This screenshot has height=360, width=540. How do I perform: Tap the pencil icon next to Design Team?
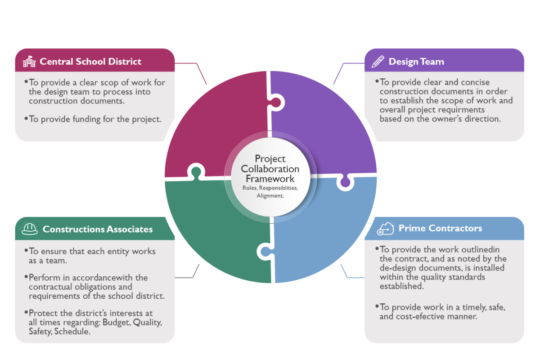[x=378, y=62]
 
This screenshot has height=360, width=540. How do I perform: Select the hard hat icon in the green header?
[x=29, y=229]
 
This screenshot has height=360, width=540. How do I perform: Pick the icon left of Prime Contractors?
[x=385, y=228]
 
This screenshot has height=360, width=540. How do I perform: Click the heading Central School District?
[x=90, y=62]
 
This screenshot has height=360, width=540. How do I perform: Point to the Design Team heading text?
[x=416, y=62]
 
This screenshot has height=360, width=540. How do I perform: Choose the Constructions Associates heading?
[x=98, y=229]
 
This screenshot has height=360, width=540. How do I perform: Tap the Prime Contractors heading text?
[x=440, y=228]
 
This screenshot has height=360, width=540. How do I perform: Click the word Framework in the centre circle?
[x=270, y=179]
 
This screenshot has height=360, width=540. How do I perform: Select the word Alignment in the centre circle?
[x=270, y=196]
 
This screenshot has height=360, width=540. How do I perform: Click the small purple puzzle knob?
[x=345, y=182]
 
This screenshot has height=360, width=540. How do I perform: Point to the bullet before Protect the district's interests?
[x=26, y=313]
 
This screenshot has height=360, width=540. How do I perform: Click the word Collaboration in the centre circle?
[x=270, y=169]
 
